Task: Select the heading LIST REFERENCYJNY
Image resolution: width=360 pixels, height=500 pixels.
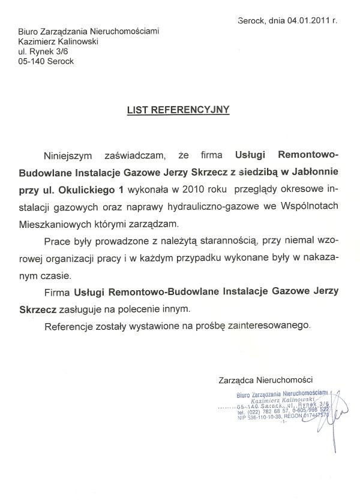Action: click(178, 110)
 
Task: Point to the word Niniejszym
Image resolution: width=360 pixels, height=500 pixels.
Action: click(69, 155)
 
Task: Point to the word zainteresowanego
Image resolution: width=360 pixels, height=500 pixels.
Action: click(275, 326)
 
